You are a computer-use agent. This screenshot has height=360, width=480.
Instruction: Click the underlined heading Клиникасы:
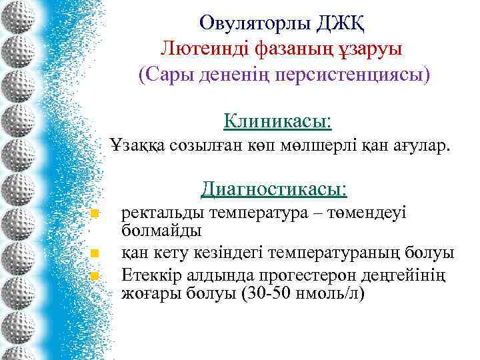pyautogui.click(x=278, y=121)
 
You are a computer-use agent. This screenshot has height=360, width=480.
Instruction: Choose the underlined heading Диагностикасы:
pyautogui.click(x=273, y=189)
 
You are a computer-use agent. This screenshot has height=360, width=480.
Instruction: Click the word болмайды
pyautogui.click(x=161, y=231)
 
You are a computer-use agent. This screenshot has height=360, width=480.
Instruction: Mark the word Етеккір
pyautogui.click(x=149, y=275)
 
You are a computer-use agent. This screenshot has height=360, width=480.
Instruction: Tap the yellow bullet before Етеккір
pyautogui.click(x=95, y=275)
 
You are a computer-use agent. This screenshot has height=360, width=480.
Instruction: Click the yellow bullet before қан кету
pyautogui.click(x=95, y=253)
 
